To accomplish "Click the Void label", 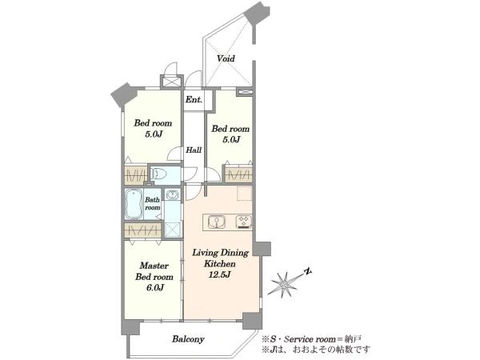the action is click(x=226, y=58).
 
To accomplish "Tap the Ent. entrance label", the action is click(x=194, y=99).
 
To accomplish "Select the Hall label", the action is click(x=194, y=150).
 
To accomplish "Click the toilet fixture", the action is click(x=158, y=174).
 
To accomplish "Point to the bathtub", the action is click(x=134, y=204).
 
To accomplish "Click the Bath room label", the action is click(x=153, y=203).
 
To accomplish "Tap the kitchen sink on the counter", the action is click(x=217, y=222).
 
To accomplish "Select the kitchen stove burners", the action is click(x=244, y=222).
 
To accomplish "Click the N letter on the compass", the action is click(x=308, y=271).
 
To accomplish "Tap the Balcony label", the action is click(x=188, y=339).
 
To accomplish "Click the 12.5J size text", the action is click(x=219, y=274).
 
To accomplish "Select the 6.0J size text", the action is click(x=154, y=287).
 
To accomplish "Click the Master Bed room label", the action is click(x=154, y=271).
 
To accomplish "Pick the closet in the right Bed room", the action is click(x=238, y=175).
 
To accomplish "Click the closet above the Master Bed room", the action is click(x=143, y=230).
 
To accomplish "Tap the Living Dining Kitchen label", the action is click(x=220, y=258).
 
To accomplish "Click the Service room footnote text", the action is click(x=311, y=339).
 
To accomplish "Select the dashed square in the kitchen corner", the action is click(x=245, y=193).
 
